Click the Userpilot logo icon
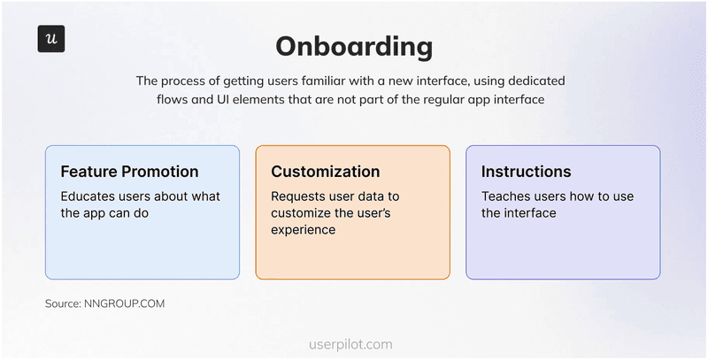tap(51, 39)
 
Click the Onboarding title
tap(354, 46)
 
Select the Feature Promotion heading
tap(129, 172)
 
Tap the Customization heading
tap(326, 172)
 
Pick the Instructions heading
tap(527, 172)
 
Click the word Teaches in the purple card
tap(508, 196)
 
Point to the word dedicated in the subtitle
tap(535, 80)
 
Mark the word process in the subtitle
tap(188, 80)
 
